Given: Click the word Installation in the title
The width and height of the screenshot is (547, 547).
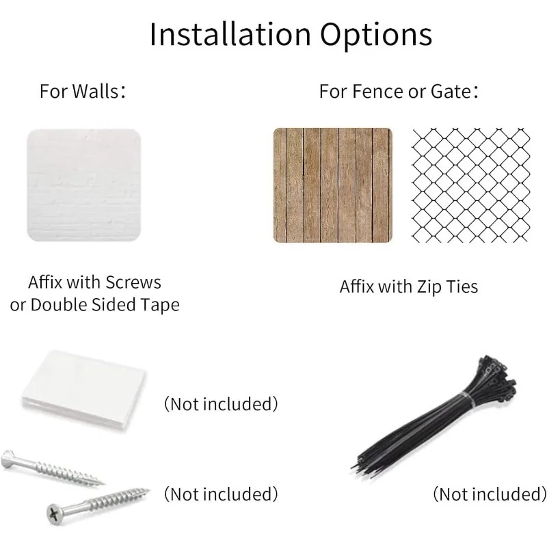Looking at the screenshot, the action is [x=230, y=34].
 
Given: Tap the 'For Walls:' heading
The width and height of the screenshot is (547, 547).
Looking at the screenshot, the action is [x=82, y=92].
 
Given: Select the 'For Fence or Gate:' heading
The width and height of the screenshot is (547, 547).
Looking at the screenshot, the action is [x=399, y=92].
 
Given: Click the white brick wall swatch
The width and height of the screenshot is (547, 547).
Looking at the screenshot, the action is [x=83, y=185].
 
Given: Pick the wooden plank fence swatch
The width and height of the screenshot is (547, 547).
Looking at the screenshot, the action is [x=333, y=185].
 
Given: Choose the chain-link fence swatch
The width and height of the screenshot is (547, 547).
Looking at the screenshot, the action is [x=471, y=185].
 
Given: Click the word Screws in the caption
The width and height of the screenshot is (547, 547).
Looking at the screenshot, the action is [x=133, y=282].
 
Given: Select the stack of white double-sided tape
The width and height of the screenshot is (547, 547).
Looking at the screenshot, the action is [x=83, y=391].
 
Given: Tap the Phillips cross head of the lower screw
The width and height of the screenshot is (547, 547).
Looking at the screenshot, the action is [x=54, y=514].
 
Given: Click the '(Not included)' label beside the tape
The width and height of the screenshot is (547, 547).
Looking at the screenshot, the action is [x=221, y=404].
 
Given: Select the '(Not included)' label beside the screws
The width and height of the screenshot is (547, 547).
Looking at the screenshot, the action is [x=221, y=494].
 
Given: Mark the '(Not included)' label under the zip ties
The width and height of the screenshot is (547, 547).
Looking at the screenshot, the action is [x=490, y=494].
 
